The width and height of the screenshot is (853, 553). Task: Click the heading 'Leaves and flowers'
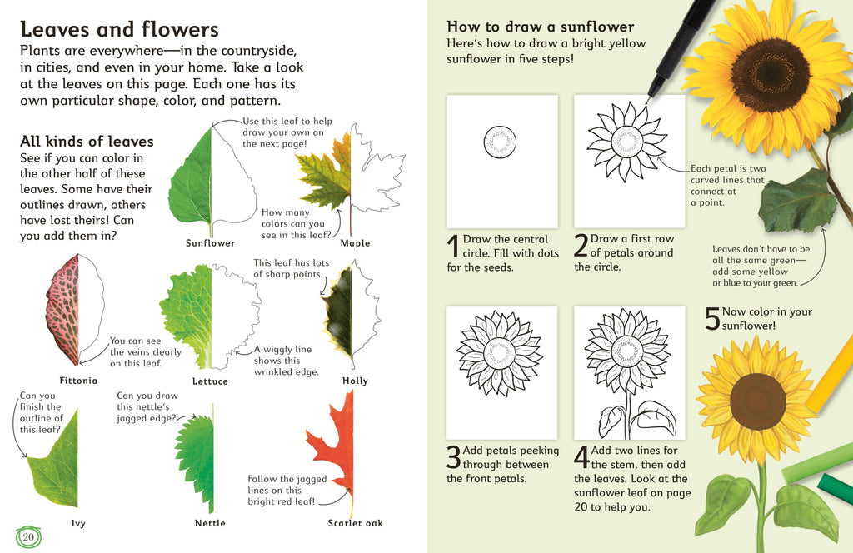pyautogui.click(x=119, y=31)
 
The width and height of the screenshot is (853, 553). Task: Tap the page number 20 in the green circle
pyautogui.click(x=28, y=536)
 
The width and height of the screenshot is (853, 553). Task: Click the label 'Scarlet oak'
pyautogui.click(x=356, y=523)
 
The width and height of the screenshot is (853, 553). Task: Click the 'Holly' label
pyautogui.click(x=355, y=381)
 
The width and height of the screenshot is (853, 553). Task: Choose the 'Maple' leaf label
pyautogui.click(x=355, y=243)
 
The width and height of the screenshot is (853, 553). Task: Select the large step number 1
pyautogui.click(x=453, y=247)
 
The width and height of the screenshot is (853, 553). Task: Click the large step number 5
pyautogui.click(x=712, y=320)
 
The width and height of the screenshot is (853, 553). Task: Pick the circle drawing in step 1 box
pyautogui.click(x=501, y=142)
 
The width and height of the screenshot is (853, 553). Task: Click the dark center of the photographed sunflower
pyautogui.click(x=770, y=75)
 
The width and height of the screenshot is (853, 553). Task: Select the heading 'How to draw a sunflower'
pyautogui.click(x=541, y=27)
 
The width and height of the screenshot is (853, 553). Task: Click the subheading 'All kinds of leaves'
pyautogui.click(x=87, y=142)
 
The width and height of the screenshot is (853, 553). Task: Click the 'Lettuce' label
pyautogui.click(x=210, y=381)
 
